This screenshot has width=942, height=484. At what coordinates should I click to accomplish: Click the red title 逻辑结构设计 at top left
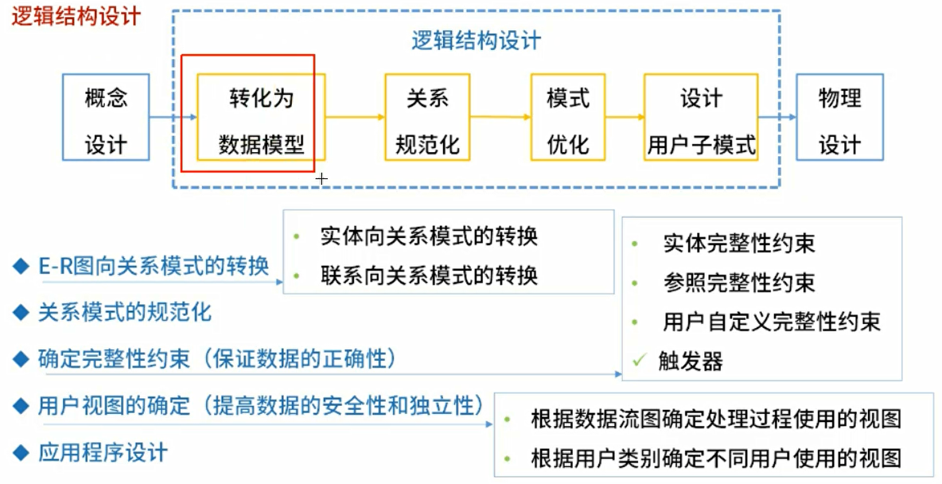tap(76, 17)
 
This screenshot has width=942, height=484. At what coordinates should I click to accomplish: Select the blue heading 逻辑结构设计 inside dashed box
tap(477, 41)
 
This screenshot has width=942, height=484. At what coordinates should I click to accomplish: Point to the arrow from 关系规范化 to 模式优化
tap(500, 117)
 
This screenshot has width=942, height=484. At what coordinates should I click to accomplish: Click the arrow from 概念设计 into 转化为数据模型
tap(173, 117)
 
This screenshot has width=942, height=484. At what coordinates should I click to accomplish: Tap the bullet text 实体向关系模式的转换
tap(429, 236)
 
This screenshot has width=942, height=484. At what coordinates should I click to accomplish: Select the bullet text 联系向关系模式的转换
tap(429, 275)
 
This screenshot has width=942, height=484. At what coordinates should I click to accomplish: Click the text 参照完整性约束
tap(738, 283)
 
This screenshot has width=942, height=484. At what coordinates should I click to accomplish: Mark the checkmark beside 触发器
tap(638, 361)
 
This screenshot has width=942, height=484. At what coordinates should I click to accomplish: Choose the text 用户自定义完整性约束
tap(771, 322)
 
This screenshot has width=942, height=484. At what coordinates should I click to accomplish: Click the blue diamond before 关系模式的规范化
tap(21, 312)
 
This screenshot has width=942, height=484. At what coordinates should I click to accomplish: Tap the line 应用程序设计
tap(103, 453)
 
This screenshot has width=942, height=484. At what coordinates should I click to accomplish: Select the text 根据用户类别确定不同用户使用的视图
tap(715, 459)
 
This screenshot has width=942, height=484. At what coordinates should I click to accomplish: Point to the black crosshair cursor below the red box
tap(321, 180)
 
